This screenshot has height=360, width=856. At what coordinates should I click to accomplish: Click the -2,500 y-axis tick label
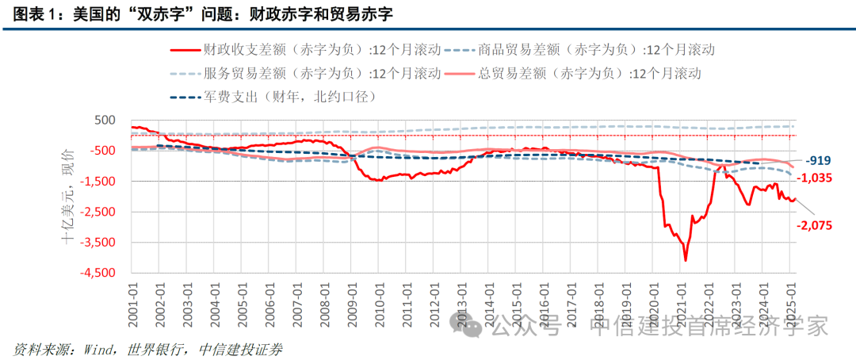coord(97,212)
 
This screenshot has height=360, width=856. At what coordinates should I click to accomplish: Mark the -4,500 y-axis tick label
coord(97,274)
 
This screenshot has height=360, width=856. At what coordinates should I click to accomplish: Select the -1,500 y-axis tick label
coord(97,182)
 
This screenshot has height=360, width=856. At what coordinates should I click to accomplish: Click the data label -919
coord(817,159)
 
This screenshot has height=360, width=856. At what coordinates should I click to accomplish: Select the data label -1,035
coord(813,178)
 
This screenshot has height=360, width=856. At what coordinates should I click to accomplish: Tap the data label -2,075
coord(813,225)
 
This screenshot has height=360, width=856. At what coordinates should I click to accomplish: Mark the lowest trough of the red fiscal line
coord(686,260)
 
